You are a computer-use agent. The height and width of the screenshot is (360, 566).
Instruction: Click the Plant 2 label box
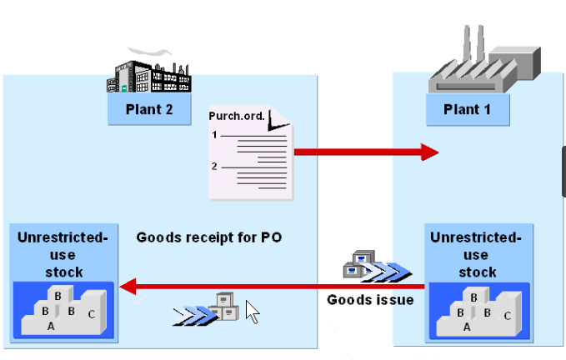149,109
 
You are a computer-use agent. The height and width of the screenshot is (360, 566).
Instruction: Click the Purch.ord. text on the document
241,116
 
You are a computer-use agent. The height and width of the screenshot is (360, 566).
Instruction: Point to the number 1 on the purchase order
215,134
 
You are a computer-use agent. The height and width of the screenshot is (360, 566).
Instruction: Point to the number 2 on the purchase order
215,166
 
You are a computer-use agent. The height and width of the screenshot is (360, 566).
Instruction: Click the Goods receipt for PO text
209,237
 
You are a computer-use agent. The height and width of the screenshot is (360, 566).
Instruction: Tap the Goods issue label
370,299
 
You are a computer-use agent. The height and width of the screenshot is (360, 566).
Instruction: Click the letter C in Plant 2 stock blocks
91,313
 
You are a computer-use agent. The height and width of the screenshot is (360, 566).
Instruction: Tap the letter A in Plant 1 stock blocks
467,327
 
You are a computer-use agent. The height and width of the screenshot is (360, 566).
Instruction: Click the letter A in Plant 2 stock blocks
51,327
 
